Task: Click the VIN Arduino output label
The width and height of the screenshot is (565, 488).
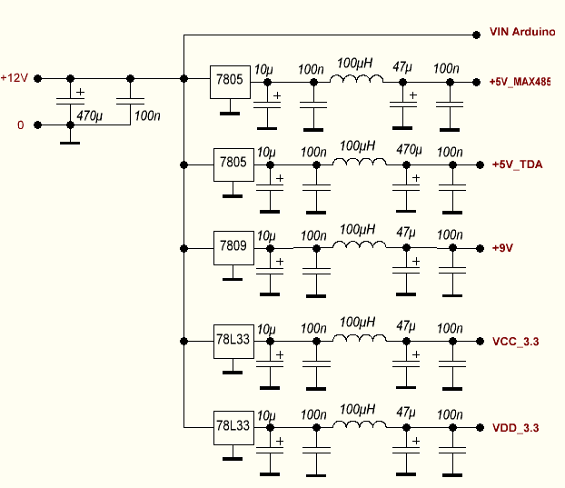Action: [x=521, y=32]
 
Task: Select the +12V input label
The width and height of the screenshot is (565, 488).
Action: [x=15, y=78]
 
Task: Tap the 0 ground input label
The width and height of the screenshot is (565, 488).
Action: [x=20, y=124]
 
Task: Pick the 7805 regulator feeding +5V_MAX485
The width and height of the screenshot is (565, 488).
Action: [x=228, y=80]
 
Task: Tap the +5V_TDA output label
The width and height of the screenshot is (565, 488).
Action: [x=516, y=165]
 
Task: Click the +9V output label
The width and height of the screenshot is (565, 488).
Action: [x=502, y=248]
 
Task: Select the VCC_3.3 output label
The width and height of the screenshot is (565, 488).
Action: [x=516, y=342]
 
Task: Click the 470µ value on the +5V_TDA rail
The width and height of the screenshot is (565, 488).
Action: [x=411, y=149]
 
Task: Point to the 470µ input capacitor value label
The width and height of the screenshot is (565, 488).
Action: [x=90, y=115]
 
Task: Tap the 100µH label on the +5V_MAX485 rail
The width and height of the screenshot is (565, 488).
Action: [x=354, y=64]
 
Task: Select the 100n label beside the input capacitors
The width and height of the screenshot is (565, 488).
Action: [x=147, y=115]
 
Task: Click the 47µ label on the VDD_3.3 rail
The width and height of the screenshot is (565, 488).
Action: [x=406, y=414]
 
